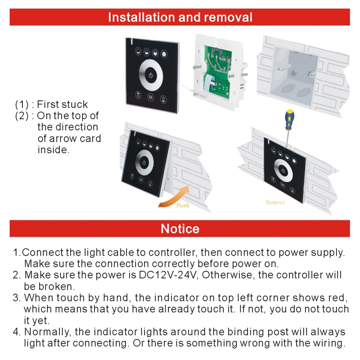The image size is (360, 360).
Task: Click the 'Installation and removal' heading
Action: [x=180, y=17]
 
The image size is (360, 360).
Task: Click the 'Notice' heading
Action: [x=180, y=229]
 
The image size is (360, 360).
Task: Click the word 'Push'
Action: [x=182, y=205]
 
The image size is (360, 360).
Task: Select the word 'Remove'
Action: [x=275, y=202]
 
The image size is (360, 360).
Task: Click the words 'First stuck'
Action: [x=62, y=104]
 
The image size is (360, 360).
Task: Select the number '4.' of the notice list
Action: [x=17, y=332]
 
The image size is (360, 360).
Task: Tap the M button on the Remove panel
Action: [x=282, y=184]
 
